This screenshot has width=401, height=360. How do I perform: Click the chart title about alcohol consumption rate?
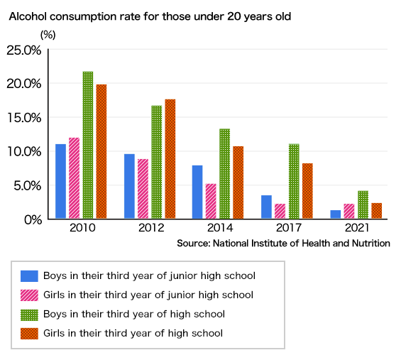point(150,16)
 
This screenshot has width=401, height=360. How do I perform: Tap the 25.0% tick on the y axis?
point(24,50)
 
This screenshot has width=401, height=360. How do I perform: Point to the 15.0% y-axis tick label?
point(24,118)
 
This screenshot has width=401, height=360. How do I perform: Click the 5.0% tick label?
point(27,186)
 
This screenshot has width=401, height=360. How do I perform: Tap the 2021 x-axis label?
point(356,229)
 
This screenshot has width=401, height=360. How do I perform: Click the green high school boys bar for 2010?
point(88,146)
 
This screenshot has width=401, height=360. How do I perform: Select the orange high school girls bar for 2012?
point(170,159)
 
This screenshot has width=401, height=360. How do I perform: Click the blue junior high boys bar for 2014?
point(197,192)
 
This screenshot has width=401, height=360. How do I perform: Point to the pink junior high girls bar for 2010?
point(74,178)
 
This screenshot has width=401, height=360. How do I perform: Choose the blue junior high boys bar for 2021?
point(334,214)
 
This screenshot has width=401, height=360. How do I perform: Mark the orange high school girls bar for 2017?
point(307,191)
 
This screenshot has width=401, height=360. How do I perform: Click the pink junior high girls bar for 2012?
point(143,189)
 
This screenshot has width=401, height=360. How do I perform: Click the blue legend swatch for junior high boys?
point(29,276)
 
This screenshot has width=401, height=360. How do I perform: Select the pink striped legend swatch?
point(29,295)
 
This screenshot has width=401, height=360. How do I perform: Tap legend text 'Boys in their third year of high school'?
point(134,314)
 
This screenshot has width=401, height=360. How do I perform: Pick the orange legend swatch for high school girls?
point(29,333)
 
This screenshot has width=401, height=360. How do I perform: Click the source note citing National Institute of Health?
point(283,244)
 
